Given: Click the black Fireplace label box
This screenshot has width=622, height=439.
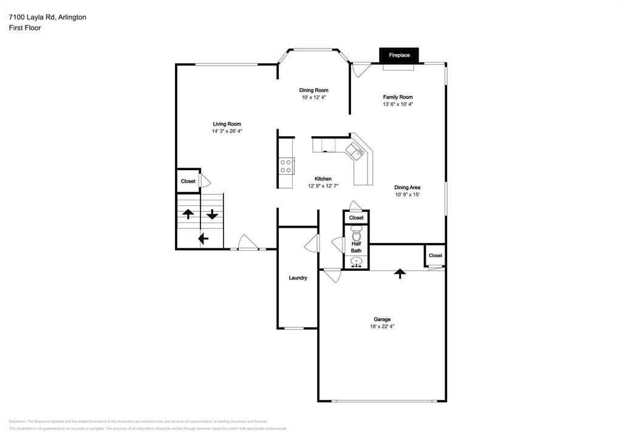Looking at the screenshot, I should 399,55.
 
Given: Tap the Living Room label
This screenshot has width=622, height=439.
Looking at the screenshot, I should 227,123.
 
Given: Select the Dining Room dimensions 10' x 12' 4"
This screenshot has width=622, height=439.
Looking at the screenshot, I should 314,98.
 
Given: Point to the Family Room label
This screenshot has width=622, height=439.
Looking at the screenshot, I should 398,97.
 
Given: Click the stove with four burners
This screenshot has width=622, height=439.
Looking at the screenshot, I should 286,165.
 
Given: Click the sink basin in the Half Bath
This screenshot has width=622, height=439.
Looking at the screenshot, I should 357,262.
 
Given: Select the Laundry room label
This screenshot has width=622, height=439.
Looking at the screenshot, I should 298,278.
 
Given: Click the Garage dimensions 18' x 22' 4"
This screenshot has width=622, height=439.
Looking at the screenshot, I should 382,327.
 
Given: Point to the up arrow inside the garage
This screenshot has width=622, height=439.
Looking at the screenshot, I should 399,273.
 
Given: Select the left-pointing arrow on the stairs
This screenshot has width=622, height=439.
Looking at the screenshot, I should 203,239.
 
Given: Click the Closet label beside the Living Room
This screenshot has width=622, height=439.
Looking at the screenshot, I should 188,181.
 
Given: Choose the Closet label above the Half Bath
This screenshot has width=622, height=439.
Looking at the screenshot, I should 357,217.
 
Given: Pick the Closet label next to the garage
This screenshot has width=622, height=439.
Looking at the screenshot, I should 436,256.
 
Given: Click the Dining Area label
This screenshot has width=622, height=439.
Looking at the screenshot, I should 407,188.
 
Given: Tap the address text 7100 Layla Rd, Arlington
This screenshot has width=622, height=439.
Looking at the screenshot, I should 47,17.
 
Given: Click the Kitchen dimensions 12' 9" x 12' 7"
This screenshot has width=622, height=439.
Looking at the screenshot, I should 323,186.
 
